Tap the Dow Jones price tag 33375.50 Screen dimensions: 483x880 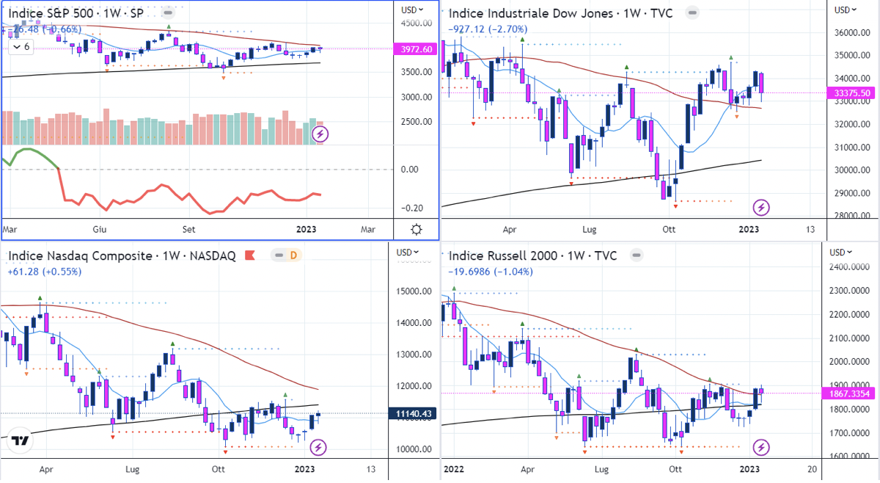852,92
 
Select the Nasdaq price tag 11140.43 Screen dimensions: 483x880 414,414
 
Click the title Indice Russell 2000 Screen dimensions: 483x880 505,255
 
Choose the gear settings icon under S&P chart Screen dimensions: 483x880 416,229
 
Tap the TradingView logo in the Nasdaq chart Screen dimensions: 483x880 21,441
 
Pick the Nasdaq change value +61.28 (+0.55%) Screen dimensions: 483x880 45,271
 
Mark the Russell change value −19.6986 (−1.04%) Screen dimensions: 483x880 491,271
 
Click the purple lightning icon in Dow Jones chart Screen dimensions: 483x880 762,207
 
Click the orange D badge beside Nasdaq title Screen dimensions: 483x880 293,255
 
